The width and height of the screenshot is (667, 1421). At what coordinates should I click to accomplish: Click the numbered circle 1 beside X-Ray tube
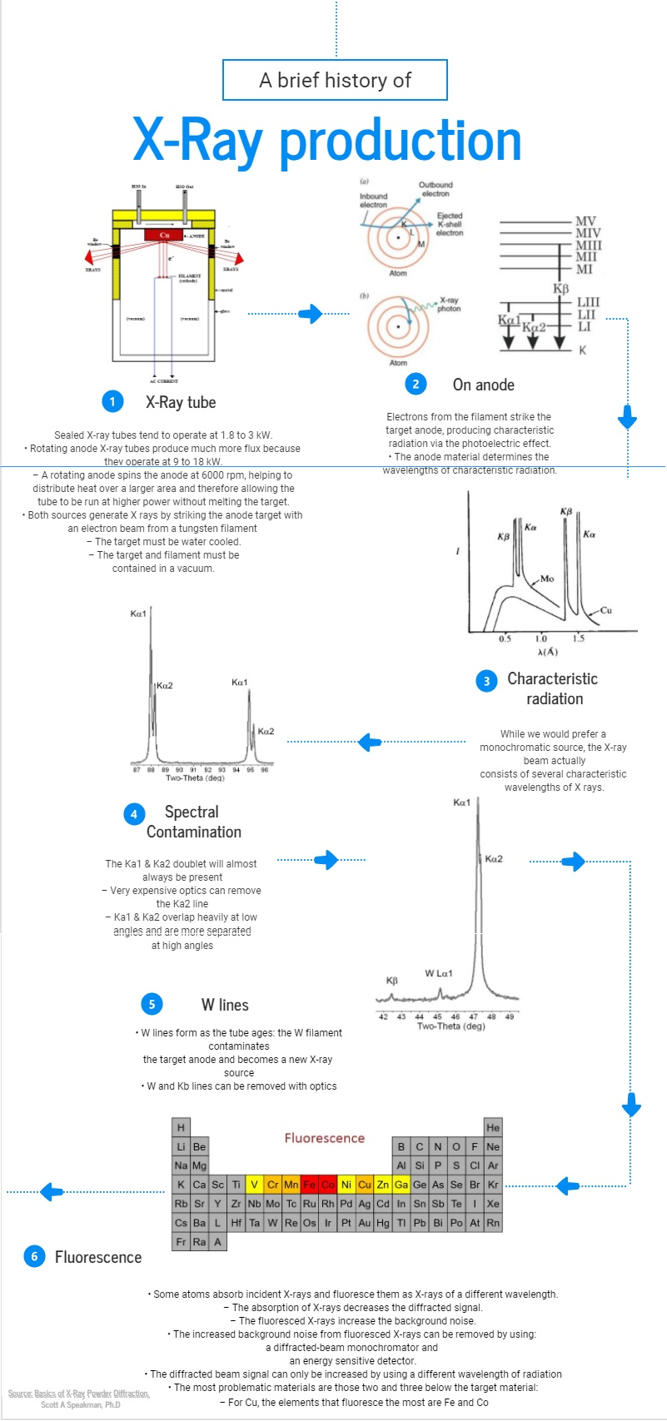click(112, 401)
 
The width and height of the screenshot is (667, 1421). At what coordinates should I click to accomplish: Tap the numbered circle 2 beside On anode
click(416, 384)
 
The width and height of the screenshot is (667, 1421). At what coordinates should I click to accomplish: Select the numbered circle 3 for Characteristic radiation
click(486, 681)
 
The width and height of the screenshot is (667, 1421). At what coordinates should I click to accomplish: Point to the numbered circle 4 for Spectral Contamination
click(134, 813)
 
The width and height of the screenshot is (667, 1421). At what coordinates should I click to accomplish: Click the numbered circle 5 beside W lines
click(152, 1004)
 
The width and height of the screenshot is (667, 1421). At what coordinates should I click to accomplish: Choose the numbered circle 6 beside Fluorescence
click(34, 1256)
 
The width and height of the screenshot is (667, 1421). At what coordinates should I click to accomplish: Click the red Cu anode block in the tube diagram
click(164, 236)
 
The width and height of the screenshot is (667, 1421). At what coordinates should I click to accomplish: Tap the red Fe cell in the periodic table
click(309, 1185)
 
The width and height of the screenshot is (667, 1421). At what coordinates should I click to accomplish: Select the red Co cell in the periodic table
click(327, 1185)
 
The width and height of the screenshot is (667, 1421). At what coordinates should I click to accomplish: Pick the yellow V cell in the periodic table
click(254, 1185)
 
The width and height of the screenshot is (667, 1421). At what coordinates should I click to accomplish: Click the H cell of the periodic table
click(181, 1127)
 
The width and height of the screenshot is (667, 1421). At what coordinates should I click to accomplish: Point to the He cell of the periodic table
click(493, 1127)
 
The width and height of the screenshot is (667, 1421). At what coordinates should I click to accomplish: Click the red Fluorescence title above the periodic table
click(325, 1138)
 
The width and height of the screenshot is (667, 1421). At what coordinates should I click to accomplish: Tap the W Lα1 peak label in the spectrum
click(438, 973)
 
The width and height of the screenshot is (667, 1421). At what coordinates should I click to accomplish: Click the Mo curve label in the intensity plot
click(546, 579)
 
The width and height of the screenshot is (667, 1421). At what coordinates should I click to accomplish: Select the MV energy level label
click(586, 221)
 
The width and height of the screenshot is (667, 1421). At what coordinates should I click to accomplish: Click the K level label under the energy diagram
click(582, 350)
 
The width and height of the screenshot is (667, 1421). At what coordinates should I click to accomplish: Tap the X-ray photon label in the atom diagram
click(449, 304)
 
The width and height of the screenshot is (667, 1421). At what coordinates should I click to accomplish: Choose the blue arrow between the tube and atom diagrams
click(310, 313)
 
